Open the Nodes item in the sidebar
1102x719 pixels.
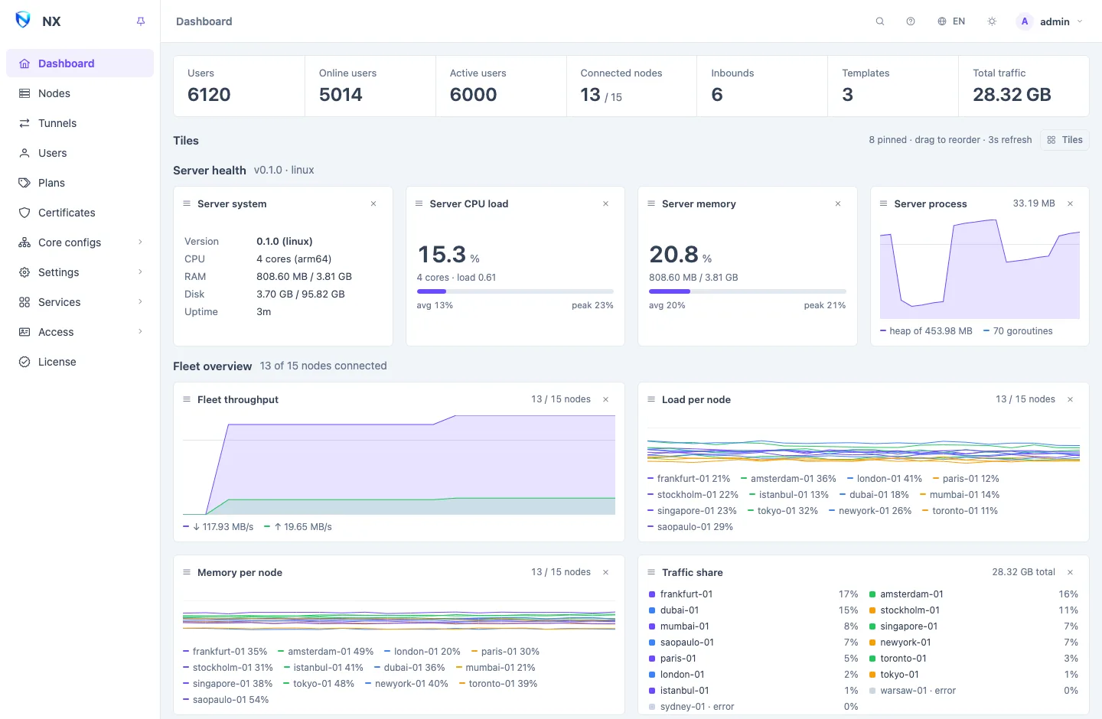[54, 93]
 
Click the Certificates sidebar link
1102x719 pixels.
[67, 213]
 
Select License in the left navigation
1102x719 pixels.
[57, 362]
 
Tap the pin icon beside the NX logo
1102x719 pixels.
[141, 21]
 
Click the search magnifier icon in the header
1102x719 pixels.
[879, 21]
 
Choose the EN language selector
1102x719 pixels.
[951, 21]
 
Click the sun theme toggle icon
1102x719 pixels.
[992, 21]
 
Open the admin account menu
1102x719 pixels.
[1049, 21]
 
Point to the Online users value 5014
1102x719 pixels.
[341, 94]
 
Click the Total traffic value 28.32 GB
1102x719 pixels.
[1012, 94]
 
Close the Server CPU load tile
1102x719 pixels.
[605, 203]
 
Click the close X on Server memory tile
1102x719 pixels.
[838, 203]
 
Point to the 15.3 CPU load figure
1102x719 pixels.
[442, 254]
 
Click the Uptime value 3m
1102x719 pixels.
[263, 312]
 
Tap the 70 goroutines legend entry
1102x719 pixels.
[1018, 331]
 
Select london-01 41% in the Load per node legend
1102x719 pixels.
[885, 479]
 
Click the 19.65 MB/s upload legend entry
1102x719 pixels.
[298, 527]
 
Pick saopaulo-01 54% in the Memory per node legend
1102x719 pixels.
[226, 699]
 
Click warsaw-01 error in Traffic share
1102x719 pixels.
[912, 691]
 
